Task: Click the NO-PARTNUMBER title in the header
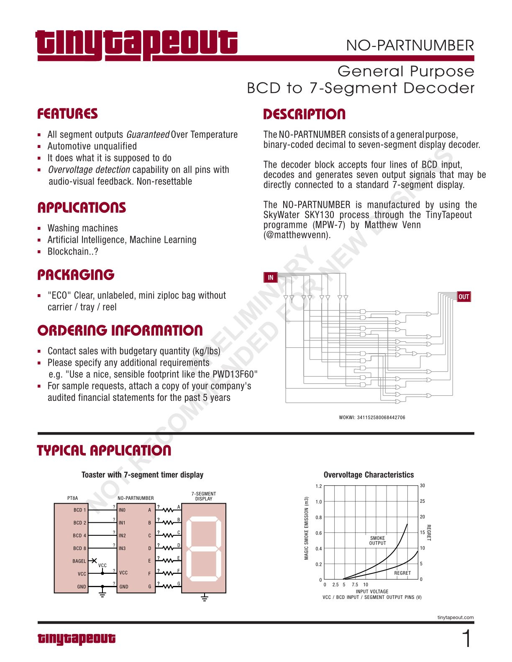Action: pyautogui.click(x=410, y=45)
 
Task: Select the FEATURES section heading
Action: pyautogui.click(x=67, y=114)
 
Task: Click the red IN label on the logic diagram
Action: pyautogui.click(x=270, y=277)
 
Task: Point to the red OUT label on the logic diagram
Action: pyautogui.click(x=463, y=297)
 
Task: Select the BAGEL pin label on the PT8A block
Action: pyautogui.click(x=79, y=561)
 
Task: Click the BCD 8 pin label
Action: pyautogui.click(x=80, y=548)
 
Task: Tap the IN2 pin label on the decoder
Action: pyautogui.click(x=122, y=535)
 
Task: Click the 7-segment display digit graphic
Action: pyautogui.click(x=204, y=548)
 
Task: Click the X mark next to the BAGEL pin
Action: pyautogui.click(x=94, y=560)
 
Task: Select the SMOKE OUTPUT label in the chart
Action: pyautogui.click(x=377, y=541)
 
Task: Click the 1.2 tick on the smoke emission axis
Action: pyautogui.click(x=318, y=486)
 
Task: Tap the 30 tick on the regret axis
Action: pyautogui.click(x=422, y=486)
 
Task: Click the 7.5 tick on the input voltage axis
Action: pyautogui.click(x=355, y=585)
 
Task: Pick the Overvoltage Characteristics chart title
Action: pyautogui.click(x=369, y=475)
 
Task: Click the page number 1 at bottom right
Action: pyautogui.click(x=466, y=639)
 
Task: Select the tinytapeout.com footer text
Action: pyautogui.click(x=455, y=617)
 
